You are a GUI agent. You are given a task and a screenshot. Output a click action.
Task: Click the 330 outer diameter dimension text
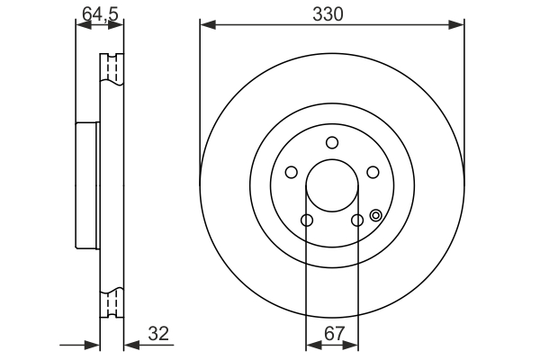332,13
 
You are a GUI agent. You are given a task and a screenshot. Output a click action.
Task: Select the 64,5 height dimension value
97,13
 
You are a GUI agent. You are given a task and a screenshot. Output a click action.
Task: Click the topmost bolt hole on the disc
332,142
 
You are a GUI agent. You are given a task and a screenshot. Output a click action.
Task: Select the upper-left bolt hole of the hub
291,173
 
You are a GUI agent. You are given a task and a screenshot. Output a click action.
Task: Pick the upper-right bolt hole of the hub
373,173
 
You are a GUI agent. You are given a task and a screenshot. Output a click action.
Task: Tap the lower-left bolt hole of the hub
306,220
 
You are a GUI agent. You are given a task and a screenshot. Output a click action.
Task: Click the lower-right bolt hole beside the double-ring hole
357,220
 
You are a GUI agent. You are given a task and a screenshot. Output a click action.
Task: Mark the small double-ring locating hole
375,215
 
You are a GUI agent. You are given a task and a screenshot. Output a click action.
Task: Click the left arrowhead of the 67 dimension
311,346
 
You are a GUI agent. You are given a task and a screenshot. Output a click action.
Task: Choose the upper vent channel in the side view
114,70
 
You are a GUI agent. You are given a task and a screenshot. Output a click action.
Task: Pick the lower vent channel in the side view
114,303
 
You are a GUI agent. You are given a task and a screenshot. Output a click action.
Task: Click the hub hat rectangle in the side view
86,186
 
